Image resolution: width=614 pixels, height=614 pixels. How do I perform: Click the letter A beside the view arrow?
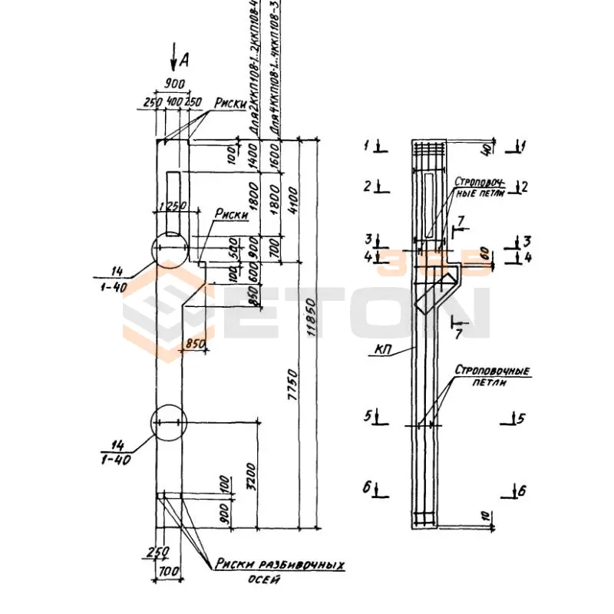[183, 58]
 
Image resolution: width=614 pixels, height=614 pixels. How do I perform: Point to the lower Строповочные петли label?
[492, 376]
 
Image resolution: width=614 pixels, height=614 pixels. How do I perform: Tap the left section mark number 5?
[368, 417]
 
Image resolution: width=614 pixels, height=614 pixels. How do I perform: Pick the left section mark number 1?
[367, 144]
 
